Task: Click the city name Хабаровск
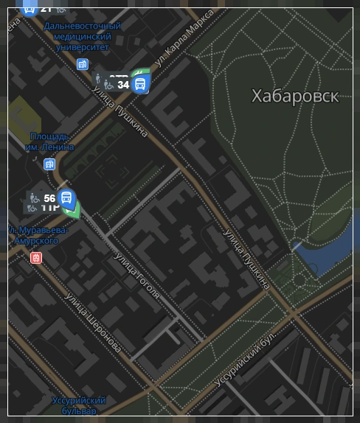(294, 96)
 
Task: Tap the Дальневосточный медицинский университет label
(82, 36)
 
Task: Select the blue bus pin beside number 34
(139, 83)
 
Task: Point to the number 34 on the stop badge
(123, 85)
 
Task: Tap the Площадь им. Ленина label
(50, 141)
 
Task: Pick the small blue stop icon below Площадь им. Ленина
(49, 164)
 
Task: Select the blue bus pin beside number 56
(66, 197)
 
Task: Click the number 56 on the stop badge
(49, 198)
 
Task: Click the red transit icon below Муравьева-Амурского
(35, 257)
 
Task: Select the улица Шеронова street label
(93, 322)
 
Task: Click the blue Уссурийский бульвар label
(79, 405)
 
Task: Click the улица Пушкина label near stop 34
(120, 112)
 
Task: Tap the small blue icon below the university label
(82, 64)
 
